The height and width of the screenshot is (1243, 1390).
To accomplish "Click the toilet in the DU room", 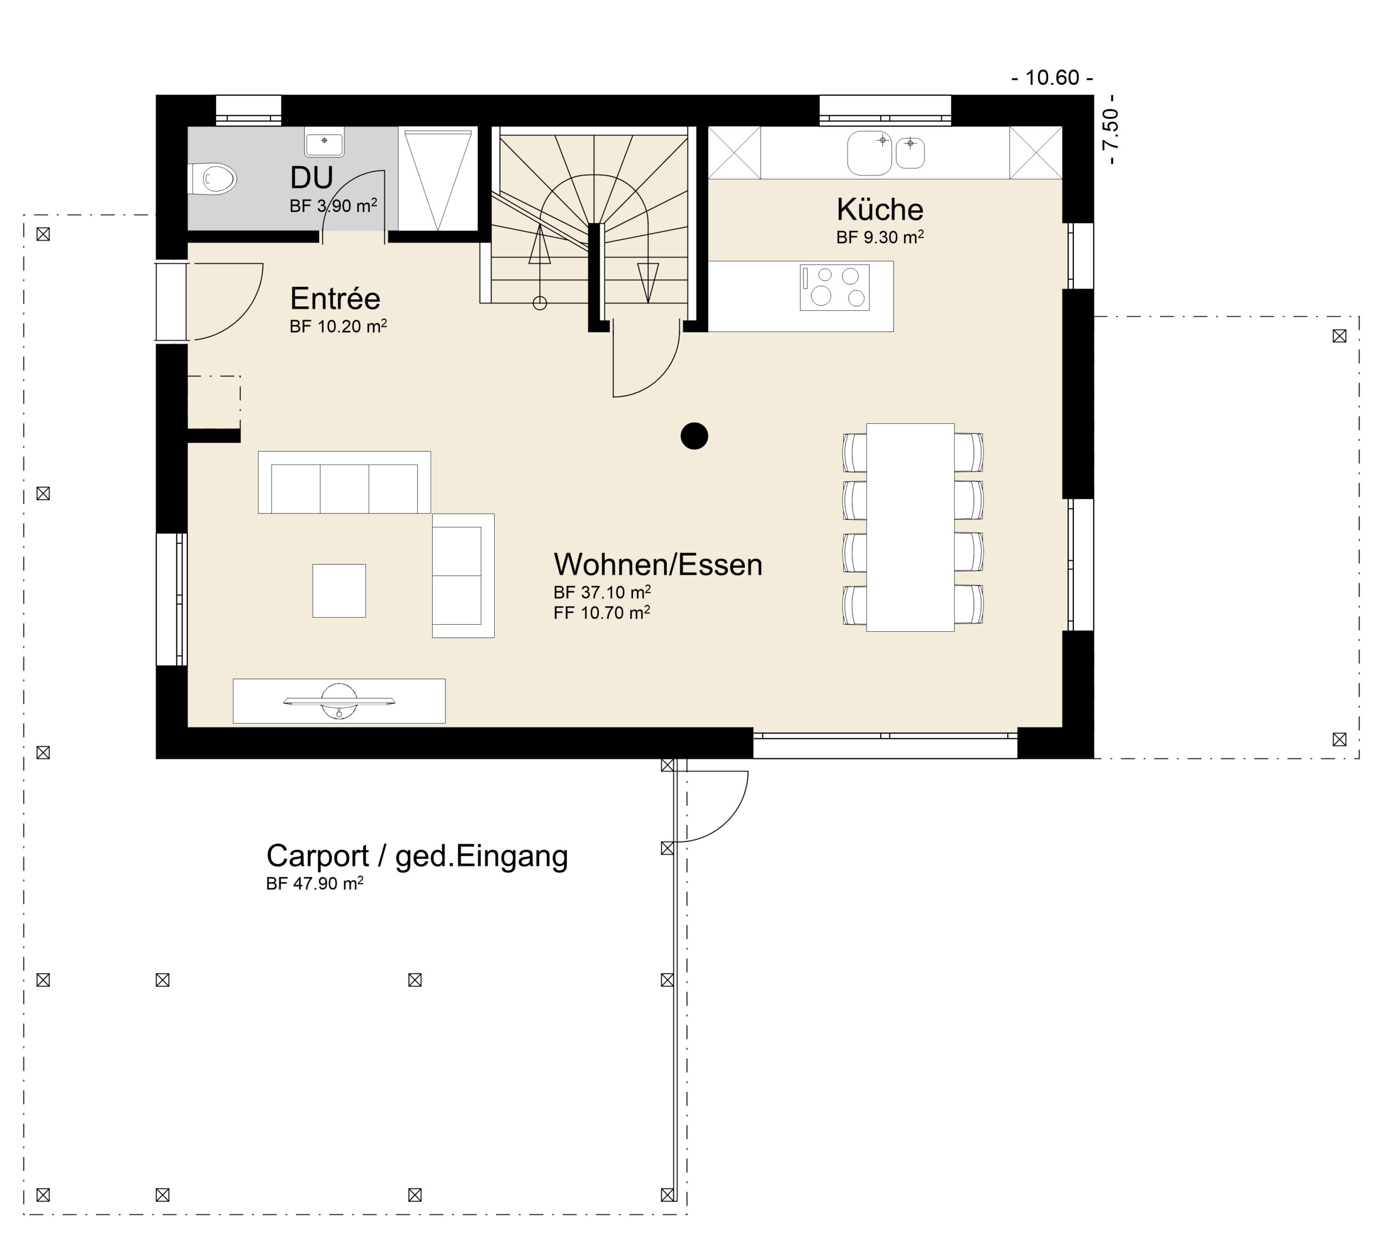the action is pos(213,179).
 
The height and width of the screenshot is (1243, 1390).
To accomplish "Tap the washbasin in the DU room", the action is pos(324,142).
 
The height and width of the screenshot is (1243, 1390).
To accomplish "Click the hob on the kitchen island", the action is pos(835,287).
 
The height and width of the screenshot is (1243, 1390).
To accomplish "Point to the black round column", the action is pos(694,436).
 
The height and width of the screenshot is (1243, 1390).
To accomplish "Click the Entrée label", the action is pos(334,298).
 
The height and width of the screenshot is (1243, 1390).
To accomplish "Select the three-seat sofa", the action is pos(344,482).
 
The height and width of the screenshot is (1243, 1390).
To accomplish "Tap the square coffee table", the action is pos(339,591).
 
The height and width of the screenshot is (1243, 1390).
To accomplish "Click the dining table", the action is pos(910,528).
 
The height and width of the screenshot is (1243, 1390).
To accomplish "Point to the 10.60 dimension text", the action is pos(1052,78).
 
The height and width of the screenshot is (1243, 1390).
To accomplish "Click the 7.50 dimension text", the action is pos(1111,130).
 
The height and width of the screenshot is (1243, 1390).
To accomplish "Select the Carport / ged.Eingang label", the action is pos(416,856).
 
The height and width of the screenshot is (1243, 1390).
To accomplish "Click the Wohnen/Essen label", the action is pos(658,565).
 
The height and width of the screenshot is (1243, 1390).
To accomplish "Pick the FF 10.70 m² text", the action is pos(602,613).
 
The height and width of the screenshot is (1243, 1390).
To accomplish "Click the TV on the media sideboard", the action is pos(339,701).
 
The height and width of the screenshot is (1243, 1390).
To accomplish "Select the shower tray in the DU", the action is pos(438,179).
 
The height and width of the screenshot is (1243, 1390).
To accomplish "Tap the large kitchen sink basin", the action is pos(869,153).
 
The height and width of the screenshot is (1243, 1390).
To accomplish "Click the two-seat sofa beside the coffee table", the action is pos(463,576).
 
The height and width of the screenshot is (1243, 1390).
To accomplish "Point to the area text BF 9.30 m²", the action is pos(880,237).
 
